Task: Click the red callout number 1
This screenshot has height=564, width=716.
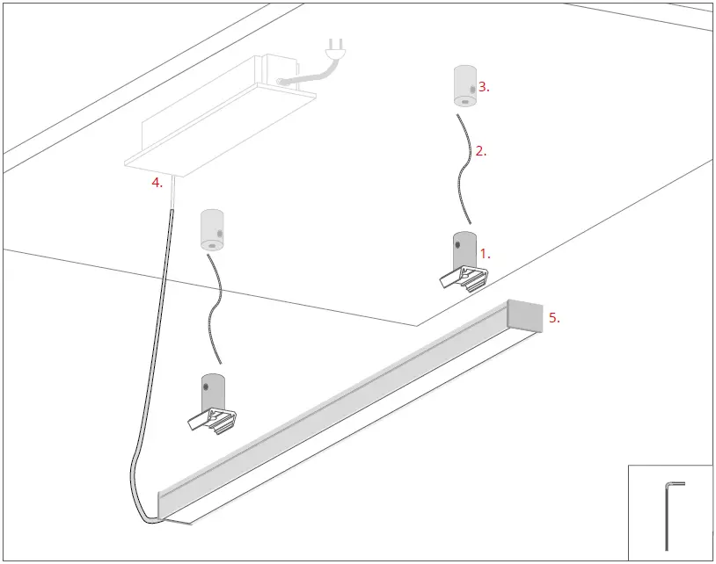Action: click(x=484, y=254)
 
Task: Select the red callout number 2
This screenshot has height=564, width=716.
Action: click(x=480, y=151)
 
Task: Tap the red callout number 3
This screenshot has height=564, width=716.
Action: click(x=483, y=87)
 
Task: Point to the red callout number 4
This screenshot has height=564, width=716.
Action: click(x=157, y=183)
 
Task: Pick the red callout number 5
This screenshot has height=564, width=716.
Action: click(x=554, y=318)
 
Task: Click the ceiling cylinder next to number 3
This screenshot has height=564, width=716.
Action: click(x=463, y=86)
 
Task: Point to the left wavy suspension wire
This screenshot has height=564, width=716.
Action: click(x=214, y=307)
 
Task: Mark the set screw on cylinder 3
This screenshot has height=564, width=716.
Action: click(x=472, y=89)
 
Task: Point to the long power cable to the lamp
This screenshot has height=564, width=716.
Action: click(x=150, y=351)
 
